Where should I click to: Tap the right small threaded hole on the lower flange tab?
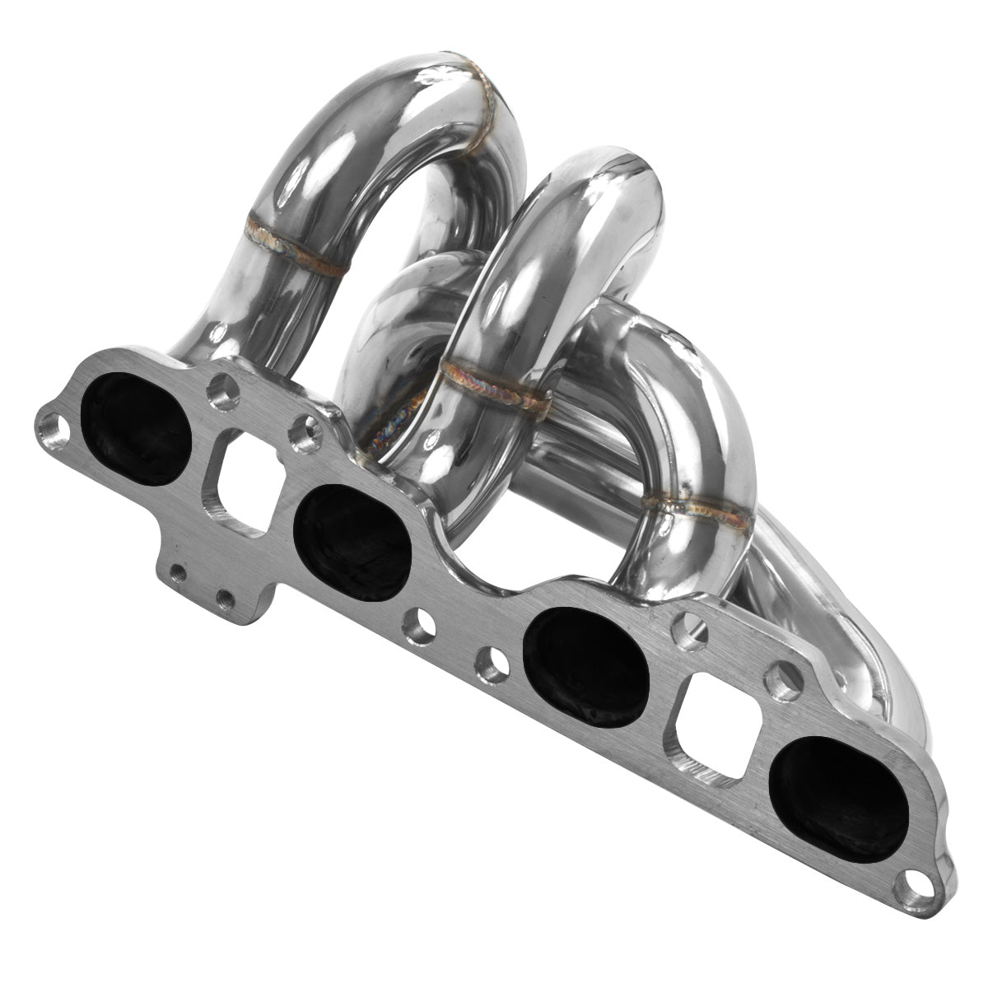[x=222, y=595]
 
